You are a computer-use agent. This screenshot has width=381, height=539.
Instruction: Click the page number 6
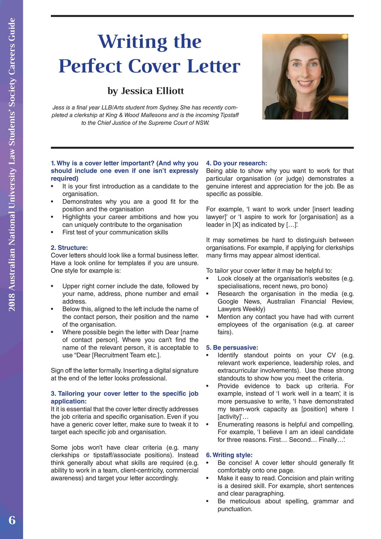[x=12, y=520]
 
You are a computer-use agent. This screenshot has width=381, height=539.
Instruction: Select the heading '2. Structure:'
[x=69, y=248]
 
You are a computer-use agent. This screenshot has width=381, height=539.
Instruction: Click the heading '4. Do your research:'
[x=237, y=163]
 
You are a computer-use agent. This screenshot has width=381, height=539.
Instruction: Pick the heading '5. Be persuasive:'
[x=232, y=348]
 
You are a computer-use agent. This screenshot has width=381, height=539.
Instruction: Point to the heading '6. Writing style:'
[x=229, y=455]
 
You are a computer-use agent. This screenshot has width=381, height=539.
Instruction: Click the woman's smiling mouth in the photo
[x=305, y=84]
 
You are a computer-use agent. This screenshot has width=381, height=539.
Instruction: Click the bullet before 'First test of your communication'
[x=52, y=232]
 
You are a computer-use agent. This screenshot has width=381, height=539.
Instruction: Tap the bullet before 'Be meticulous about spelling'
[x=208, y=501]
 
